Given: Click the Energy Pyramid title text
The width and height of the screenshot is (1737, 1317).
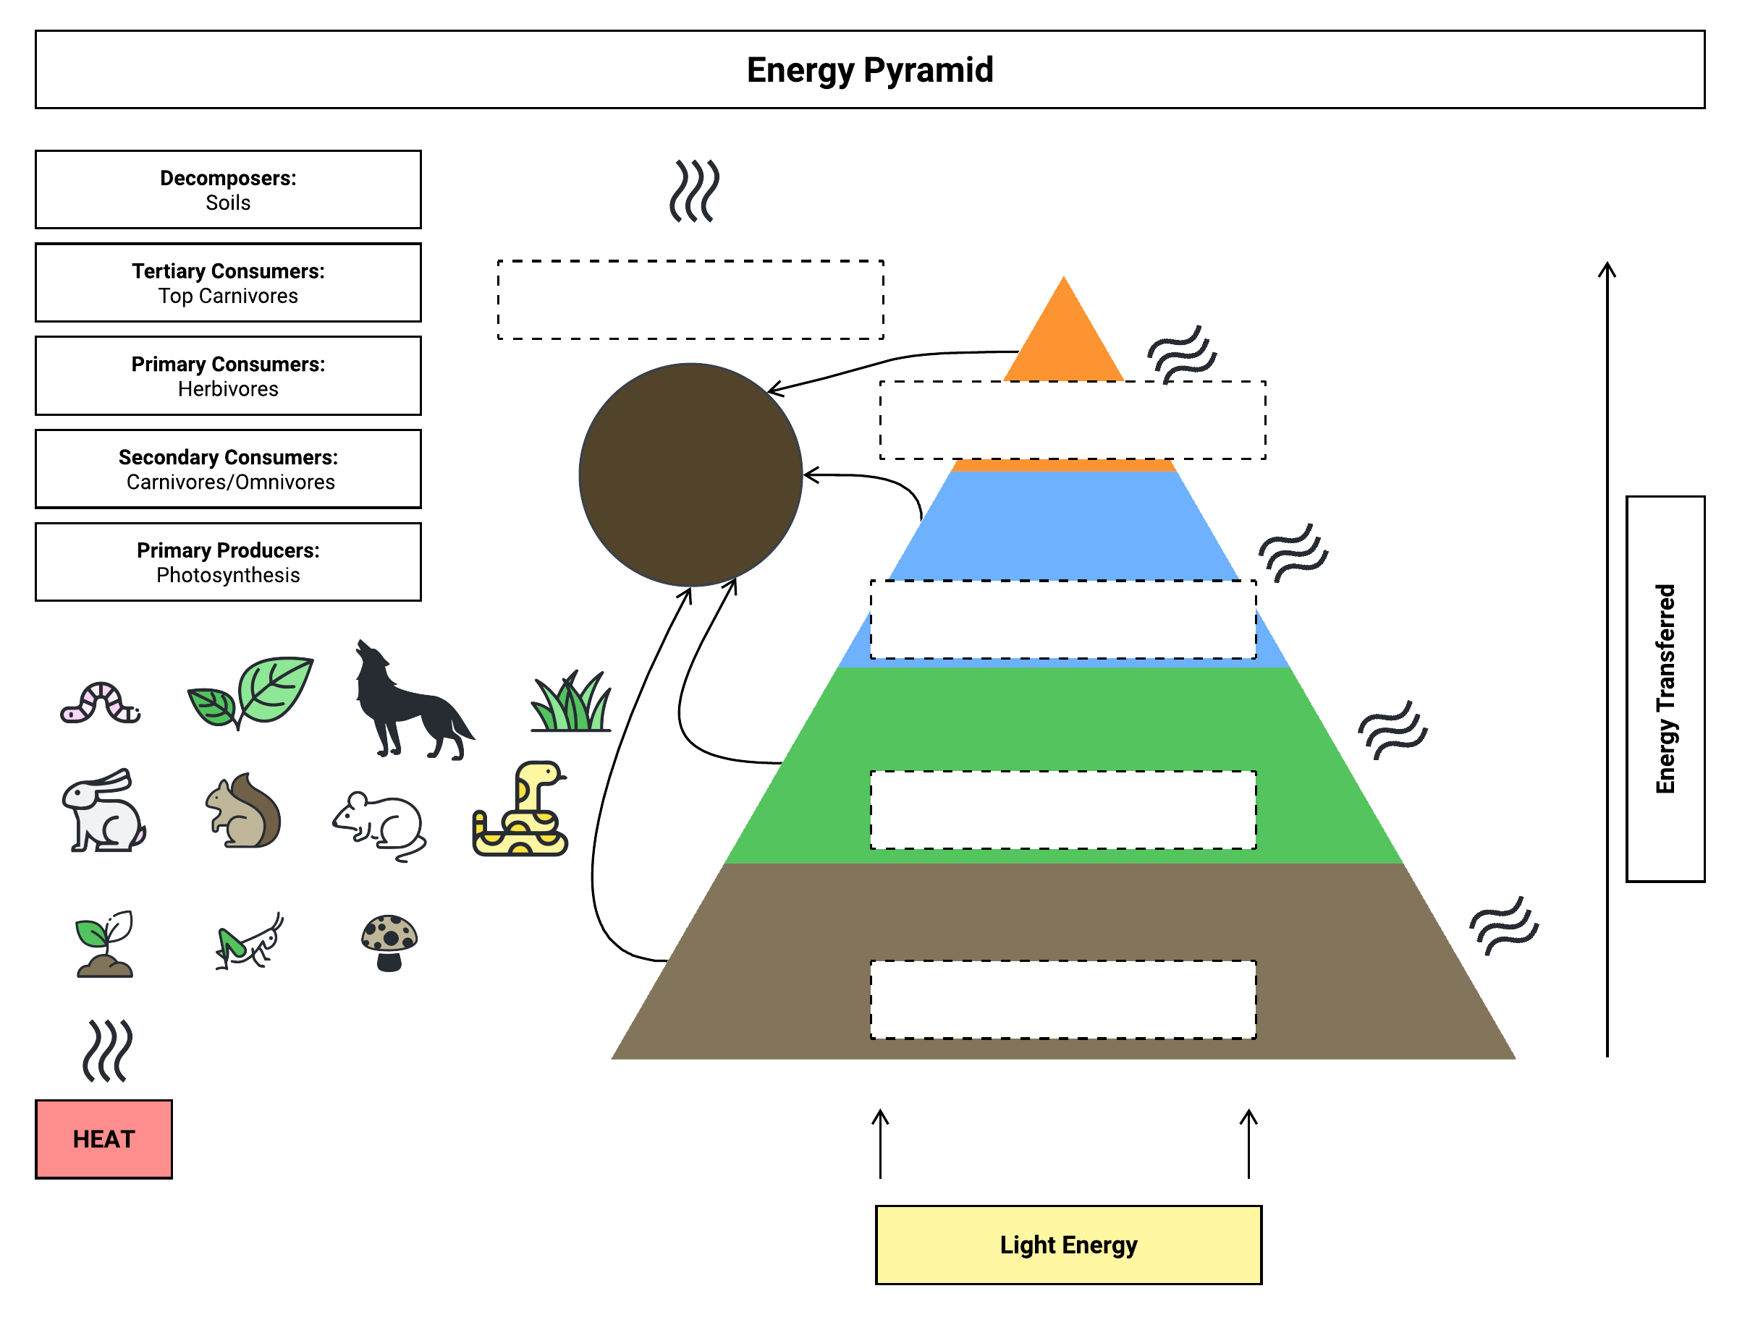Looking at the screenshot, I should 869,70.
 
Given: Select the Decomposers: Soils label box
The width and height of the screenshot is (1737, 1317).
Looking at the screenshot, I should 228,190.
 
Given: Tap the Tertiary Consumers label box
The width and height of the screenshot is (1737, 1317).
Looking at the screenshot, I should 228,283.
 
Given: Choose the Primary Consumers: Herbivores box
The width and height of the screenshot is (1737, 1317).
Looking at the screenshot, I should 228,376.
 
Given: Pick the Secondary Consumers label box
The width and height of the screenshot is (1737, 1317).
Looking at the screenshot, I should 228,469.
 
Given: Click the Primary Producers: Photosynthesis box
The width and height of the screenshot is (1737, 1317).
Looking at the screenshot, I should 228,562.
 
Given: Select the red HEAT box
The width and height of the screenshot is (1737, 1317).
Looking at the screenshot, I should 103,1139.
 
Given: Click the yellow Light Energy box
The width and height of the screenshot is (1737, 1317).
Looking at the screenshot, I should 1068,1245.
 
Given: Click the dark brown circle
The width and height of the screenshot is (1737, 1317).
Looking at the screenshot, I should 690,475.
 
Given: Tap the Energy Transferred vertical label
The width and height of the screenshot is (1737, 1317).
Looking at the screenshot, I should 1665,689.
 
